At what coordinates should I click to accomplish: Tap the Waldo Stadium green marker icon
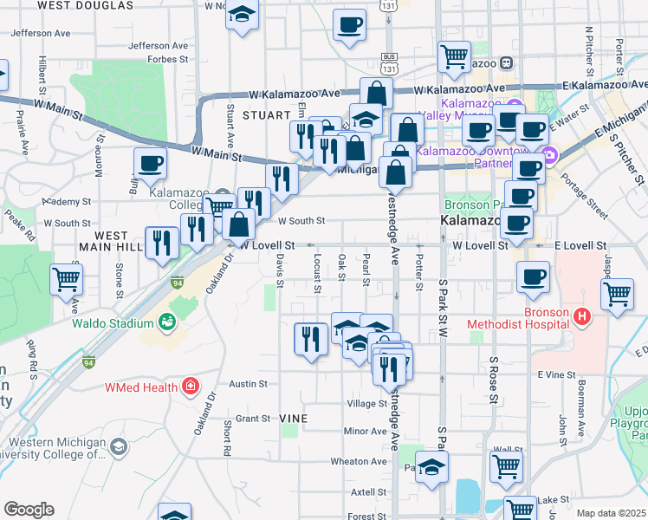click(167, 323)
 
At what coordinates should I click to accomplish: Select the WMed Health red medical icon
click(189, 387)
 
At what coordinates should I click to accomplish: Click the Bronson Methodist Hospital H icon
click(581, 318)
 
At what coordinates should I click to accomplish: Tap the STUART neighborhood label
click(264, 115)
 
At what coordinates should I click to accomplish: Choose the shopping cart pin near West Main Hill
click(67, 279)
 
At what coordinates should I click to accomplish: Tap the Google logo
click(29, 509)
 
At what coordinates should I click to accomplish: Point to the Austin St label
click(246, 383)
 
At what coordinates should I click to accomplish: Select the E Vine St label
click(556, 374)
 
